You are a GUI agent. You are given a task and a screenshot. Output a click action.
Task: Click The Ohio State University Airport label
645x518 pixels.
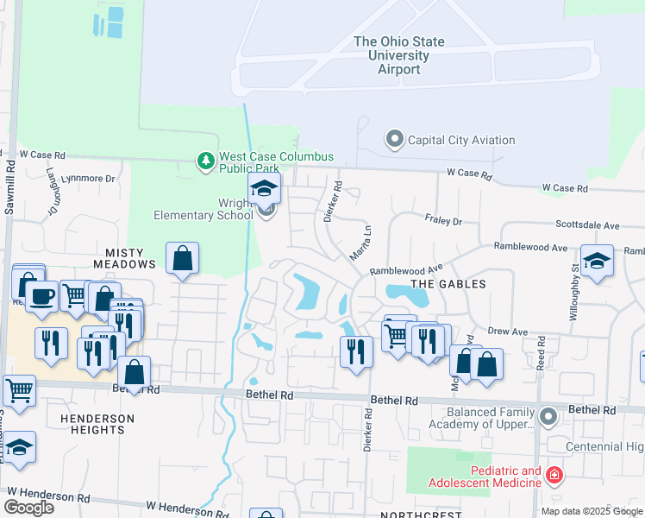pos(399,55)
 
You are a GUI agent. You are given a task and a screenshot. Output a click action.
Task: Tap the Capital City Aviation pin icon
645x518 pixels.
pos(395,139)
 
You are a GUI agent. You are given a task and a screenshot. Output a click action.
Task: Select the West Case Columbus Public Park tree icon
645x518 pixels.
pos(205,161)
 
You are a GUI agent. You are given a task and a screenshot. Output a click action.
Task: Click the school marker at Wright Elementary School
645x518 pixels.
pos(266,189)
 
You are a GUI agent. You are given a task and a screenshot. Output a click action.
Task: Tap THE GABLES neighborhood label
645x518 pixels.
pos(448,284)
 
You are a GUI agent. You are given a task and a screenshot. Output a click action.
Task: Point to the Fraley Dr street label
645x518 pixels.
pos(443,221)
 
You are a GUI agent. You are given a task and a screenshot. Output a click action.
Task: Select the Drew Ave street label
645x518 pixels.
pos(508,331)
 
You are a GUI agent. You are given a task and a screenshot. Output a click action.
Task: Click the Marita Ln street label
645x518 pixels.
pos(360,244)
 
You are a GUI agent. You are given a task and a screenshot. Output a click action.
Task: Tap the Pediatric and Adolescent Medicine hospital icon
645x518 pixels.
pos(553,476)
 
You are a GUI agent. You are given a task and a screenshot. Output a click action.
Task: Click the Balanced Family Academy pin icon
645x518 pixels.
pos(547,418)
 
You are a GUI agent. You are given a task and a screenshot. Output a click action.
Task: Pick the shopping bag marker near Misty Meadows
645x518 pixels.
pos(183,257)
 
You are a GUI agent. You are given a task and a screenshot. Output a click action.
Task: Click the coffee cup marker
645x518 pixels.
pos(41,296)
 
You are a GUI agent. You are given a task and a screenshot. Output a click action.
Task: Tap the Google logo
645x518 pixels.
pos(28,507)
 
